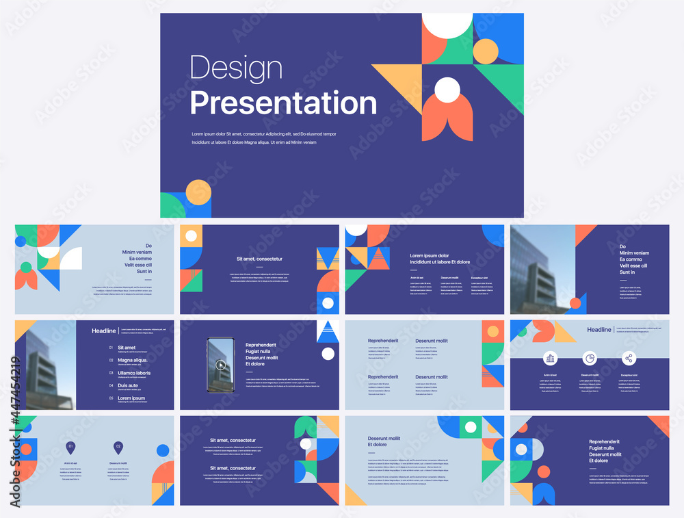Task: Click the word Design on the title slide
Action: point(236,68)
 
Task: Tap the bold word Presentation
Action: point(283,103)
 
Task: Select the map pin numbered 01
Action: point(70,448)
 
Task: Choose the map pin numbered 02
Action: point(118,448)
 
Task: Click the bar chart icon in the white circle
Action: point(550,358)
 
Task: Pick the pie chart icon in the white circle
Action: point(589,358)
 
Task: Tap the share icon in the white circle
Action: point(629,358)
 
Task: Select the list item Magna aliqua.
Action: point(133,360)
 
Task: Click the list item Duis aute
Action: point(129,385)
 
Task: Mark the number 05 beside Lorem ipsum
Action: point(111,398)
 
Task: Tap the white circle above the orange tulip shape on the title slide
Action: point(447,88)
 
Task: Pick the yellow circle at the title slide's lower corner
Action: point(198,192)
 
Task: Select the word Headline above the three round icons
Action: point(599,330)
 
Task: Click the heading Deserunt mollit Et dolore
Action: point(384,441)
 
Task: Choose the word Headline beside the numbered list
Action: point(104,331)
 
